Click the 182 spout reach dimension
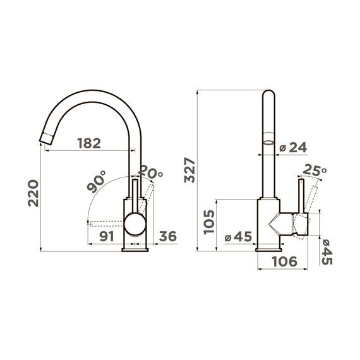(89, 143)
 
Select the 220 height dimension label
(33, 193)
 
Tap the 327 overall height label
(189, 170)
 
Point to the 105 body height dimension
(209, 222)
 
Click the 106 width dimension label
(284, 261)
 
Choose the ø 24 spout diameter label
(293, 147)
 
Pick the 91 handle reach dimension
(107, 236)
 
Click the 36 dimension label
(168, 236)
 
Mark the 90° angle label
(97, 182)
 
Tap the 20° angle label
(151, 172)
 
